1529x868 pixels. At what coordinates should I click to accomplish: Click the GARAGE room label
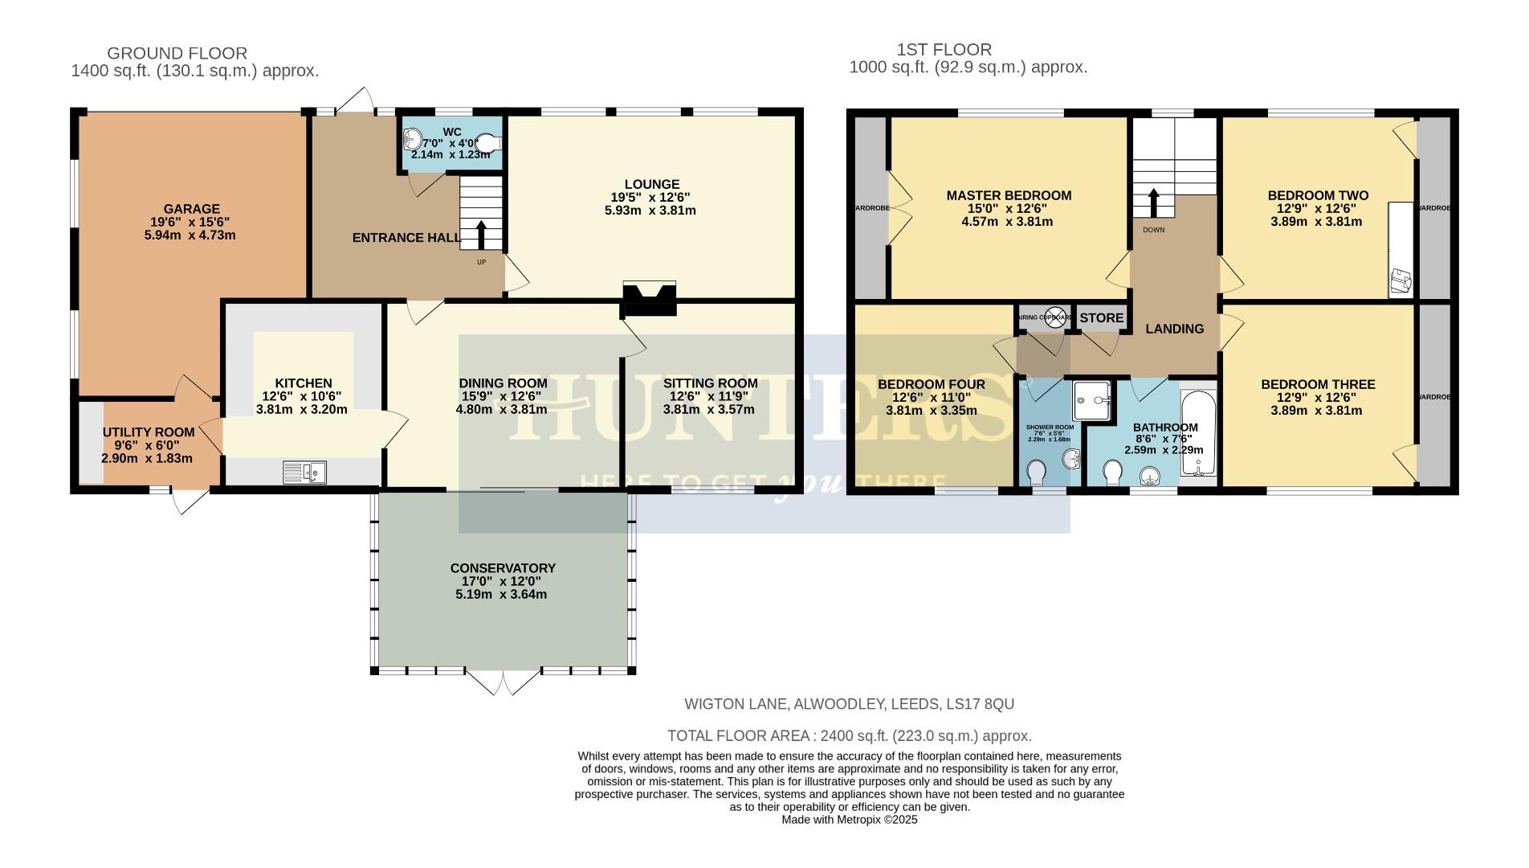pyautogui.click(x=191, y=209)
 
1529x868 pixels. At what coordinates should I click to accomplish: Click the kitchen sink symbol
pyautogui.click(x=305, y=473)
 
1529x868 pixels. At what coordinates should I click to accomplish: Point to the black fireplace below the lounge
pyautogui.click(x=650, y=299)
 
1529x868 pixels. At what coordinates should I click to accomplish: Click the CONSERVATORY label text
pyautogui.click(x=503, y=568)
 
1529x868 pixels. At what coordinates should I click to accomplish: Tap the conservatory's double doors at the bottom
pyautogui.click(x=504, y=682)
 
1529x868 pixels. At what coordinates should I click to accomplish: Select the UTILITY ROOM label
pyautogui.click(x=149, y=432)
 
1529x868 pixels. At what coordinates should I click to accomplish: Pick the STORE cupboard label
pyautogui.click(x=1101, y=317)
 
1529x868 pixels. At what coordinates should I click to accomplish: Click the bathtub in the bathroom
pyautogui.click(x=1199, y=435)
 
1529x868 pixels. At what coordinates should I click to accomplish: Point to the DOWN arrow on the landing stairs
pyautogui.click(x=1154, y=203)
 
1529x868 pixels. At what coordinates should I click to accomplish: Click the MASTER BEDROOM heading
pyautogui.click(x=1009, y=195)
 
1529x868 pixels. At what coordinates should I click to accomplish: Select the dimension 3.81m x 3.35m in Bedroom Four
pyautogui.click(x=932, y=410)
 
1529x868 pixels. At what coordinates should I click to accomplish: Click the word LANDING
pyautogui.click(x=1174, y=329)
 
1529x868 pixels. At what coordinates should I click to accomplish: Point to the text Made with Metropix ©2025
pyautogui.click(x=849, y=820)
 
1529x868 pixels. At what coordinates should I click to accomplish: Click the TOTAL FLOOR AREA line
pyautogui.click(x=849, y=735)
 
